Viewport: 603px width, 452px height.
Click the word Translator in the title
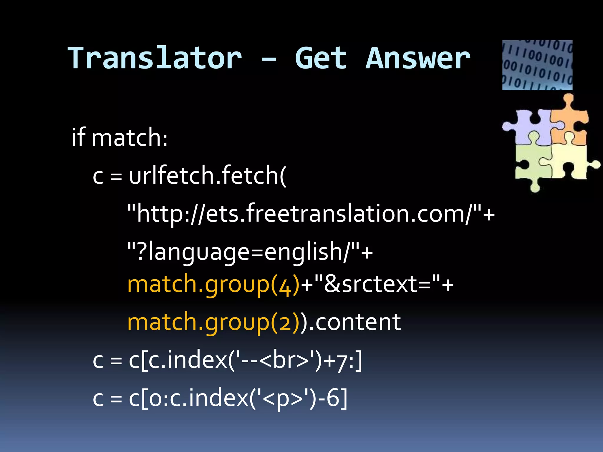pyautogui.click(x=155, y=59)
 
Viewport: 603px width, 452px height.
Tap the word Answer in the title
pyautogui.click(x=418, y=59)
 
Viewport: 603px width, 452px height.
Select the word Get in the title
pyautogui.click(x=321, y=59)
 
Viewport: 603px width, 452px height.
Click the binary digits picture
pyautogui.click(x=537, y=65)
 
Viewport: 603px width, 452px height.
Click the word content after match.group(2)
pyautogui.click(x=358, y=322)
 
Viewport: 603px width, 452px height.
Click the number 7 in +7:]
pyautogui.click(x=342, y=361)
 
